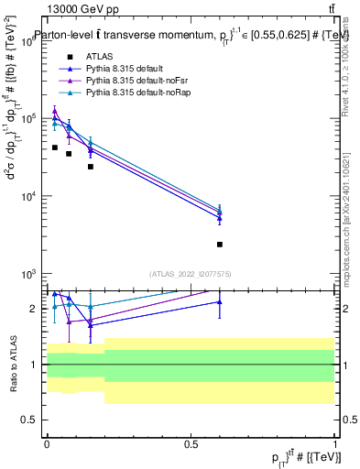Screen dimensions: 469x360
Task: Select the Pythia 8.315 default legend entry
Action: [x=124, y=69]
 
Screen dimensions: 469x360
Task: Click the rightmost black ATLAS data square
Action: [x=220, y=245]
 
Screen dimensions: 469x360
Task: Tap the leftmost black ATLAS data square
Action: [x=55, y=147]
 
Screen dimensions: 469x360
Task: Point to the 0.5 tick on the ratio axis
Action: [x=36, y=421]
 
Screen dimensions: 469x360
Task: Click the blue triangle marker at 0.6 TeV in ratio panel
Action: [x=220, y=301]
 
